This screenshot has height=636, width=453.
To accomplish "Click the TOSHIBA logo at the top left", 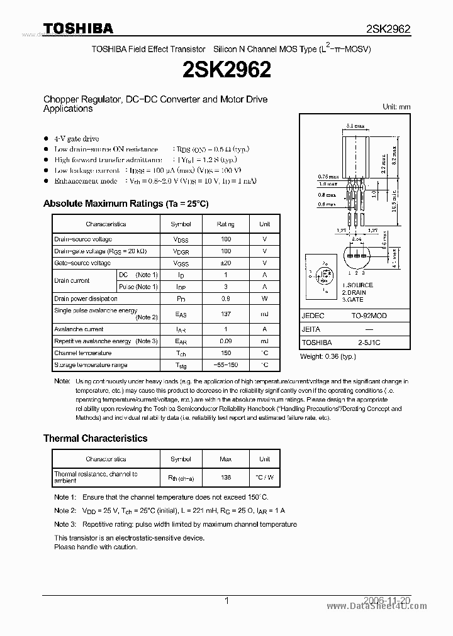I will pyautogui.click(x=78, y=28).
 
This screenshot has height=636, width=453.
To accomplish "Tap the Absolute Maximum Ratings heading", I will pyautogui.click(x=125, y=204).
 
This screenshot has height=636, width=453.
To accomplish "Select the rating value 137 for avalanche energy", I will pyautogui.click(x=226, y=314).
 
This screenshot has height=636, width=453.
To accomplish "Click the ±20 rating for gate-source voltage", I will pyautogui.click(x=226, y=263).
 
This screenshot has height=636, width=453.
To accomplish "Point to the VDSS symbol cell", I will pyautogui.click(x=181, y=239).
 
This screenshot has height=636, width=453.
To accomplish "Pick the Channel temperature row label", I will pyautogui.click(x=74, y=353).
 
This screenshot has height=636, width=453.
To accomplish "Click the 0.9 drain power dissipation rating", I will pyautogui.click(x=226, y=299).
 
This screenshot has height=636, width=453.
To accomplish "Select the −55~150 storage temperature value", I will pyautogui.click(x=226, y=365).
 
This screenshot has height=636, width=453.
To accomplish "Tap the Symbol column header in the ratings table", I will pyautogui.click(x=181, y=224).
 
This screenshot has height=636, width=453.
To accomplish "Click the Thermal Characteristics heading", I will pyautogui.click(x=95, y=438).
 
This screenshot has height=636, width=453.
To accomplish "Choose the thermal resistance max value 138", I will pyautogui.click(x=226, y=477).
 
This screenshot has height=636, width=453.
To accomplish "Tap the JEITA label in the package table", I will pyautogui.click(x=311, y=329).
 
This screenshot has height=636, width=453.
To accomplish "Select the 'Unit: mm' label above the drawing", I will pyautogui.click(x=396, y=107).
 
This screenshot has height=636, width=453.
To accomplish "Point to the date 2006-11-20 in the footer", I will pyautogui.click(x=388, y=601).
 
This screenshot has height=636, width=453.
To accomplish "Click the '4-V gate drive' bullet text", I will pyautogui.click(x=76, y=138).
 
